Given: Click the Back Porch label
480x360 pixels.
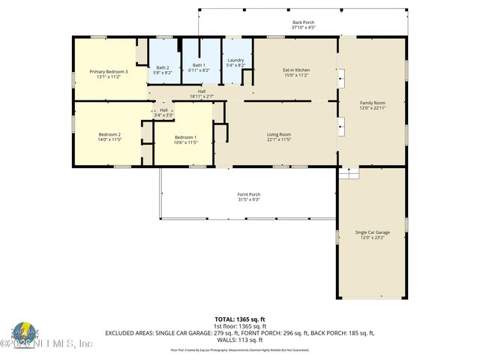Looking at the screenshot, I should tap(303, 23).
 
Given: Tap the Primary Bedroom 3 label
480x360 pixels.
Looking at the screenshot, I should tap(109, 72).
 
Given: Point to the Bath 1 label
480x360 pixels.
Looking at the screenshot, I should tap(197, 65).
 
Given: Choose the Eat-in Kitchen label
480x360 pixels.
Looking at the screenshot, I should tap(296, 70).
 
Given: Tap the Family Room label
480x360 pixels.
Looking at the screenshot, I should tap(373, 103).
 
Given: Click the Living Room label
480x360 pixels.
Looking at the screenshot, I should tap(278, 134).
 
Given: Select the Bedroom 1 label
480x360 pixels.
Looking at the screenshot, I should tap(185, 137).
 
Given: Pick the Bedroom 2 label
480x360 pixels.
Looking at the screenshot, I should tap(109, 135).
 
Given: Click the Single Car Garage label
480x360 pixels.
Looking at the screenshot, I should tap(372, 232).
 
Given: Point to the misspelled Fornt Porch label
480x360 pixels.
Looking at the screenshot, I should tap(248, 195).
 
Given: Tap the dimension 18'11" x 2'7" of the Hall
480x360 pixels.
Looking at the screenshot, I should tap(202, 96).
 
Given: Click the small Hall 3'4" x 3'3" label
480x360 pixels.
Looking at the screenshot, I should tap(163, 112).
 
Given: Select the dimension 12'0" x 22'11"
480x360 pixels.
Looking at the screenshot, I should tap(373, 107).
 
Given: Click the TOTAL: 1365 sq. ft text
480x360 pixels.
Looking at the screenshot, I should tap(239, 319).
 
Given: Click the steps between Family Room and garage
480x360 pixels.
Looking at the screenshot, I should tap(348, 173).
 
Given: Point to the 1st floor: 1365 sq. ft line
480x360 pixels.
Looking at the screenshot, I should tap(239, 326).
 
